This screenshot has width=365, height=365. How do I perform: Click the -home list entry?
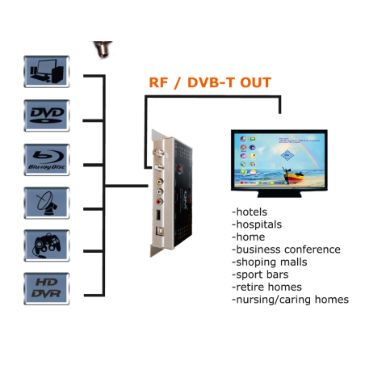[x=250, y=237]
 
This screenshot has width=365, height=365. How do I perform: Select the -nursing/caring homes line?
[x=289, y=300]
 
